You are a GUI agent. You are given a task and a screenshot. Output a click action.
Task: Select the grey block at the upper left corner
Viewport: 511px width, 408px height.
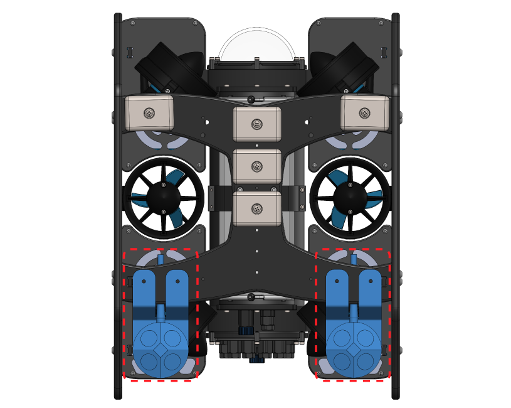coord(149,113)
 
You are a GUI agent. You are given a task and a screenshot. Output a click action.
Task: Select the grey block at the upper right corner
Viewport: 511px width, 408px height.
coord(364,113)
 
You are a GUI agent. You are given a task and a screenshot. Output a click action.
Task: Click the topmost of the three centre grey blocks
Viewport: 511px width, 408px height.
coord(256,124)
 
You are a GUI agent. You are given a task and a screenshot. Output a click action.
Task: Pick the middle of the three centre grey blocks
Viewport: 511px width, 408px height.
coord(256,166)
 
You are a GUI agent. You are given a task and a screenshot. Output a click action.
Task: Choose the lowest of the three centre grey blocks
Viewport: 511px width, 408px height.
coord(256,209)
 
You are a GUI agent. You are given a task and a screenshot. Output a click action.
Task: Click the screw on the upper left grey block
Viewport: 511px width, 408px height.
coord(149,113)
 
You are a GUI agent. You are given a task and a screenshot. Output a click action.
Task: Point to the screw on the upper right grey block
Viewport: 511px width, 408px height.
coord(364,113)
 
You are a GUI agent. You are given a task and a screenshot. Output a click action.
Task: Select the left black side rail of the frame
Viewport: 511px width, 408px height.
coord(118,207)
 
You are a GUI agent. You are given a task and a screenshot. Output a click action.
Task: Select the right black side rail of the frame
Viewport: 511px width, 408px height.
coord(396,207)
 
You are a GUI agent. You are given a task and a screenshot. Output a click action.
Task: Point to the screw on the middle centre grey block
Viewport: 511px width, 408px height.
coord(256,166)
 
